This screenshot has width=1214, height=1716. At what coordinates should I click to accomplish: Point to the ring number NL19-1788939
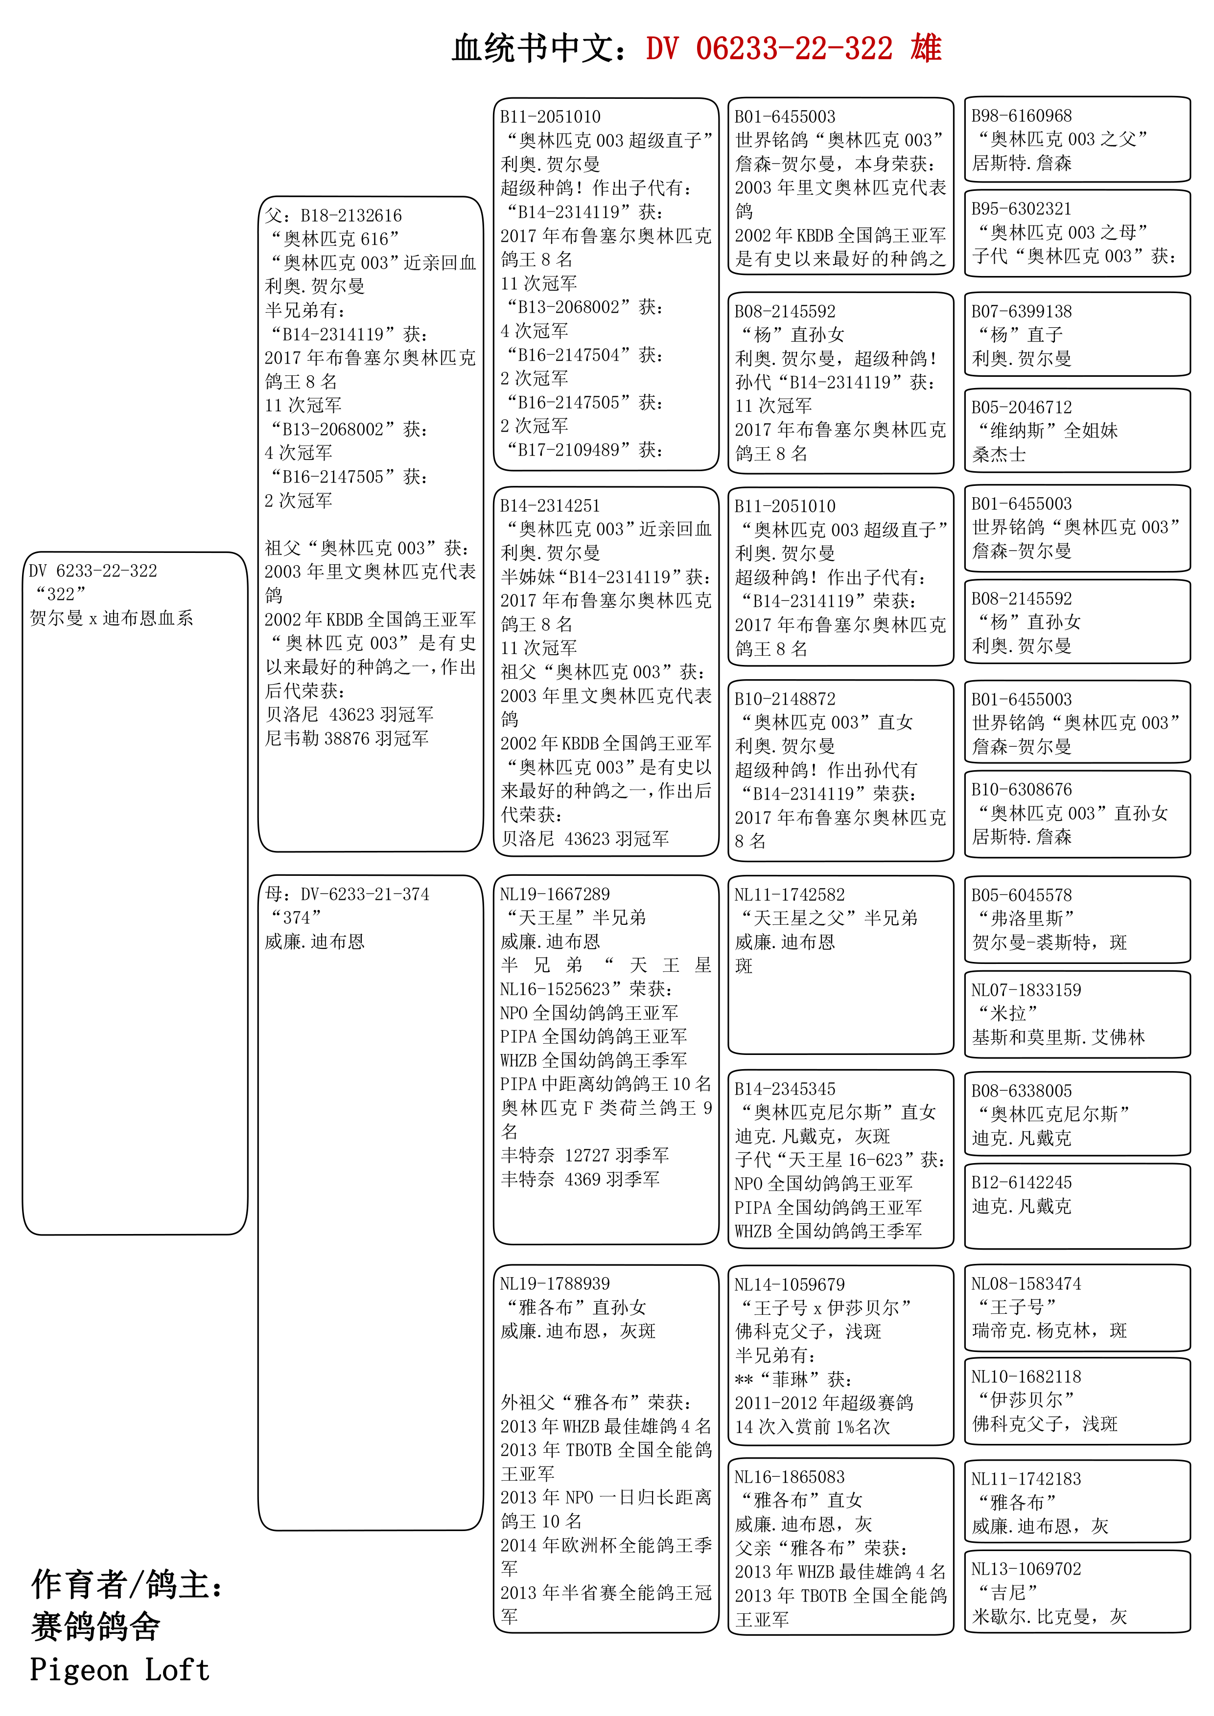coord(555,1283)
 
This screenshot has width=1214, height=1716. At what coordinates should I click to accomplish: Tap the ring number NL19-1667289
coord(555,894)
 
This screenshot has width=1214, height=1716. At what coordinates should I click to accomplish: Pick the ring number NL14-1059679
coord(790,1284)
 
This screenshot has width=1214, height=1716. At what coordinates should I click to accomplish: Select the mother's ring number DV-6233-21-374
coord(365,894)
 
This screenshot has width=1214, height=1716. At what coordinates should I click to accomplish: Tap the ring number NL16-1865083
coord(790,1477)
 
